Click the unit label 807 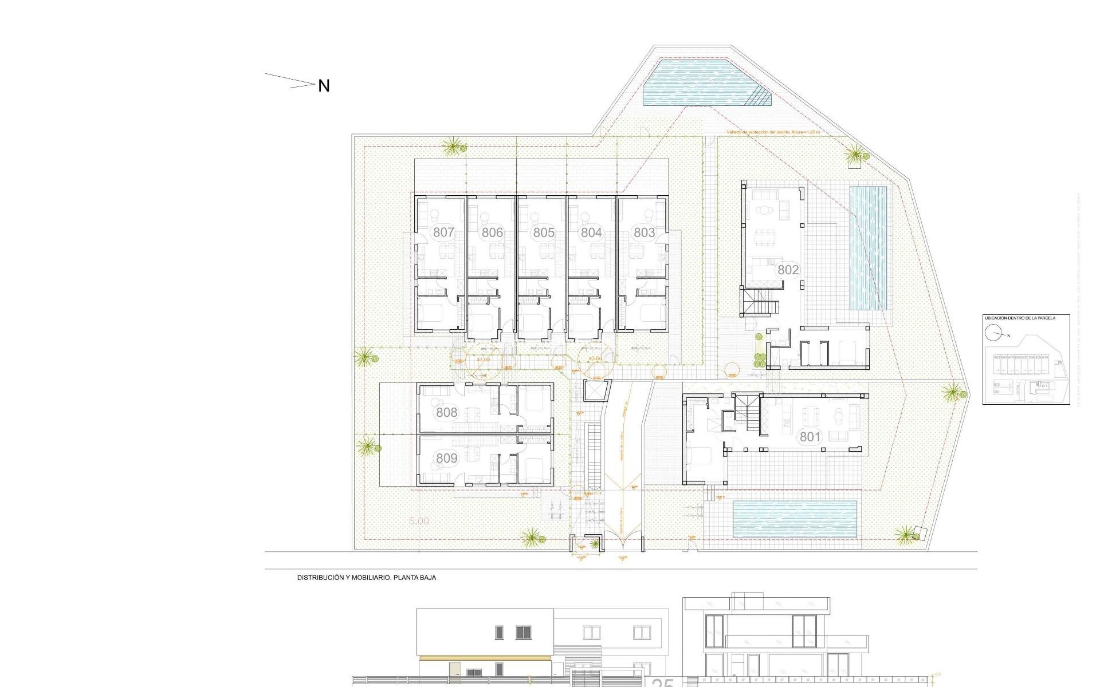coord(443,232)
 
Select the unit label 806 coord(492,232)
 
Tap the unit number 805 coord(544,232)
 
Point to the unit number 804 coord(591,232)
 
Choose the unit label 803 coord(644,232)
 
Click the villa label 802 coord(788,270)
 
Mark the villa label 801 coord(810,437)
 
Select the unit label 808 coord(446,412)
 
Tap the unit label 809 coord(446,458)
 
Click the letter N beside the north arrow coord(324,86)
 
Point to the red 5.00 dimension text coord(419,522)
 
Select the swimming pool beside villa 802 coord(867,247)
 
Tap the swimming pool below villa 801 coord(795,519)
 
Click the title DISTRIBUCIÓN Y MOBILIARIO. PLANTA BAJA coord(366,578)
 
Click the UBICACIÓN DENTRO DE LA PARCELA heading coord(1019,318)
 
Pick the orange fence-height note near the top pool coord(773,132)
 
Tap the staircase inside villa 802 coord(760,302)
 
